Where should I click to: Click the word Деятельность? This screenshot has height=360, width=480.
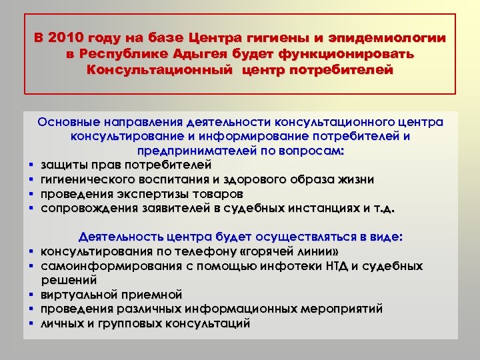(120, 237)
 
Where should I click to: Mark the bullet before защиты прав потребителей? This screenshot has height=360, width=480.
(31, 165)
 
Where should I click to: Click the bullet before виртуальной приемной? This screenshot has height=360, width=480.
(31, 295)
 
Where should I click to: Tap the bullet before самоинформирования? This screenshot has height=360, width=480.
(31, 266)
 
